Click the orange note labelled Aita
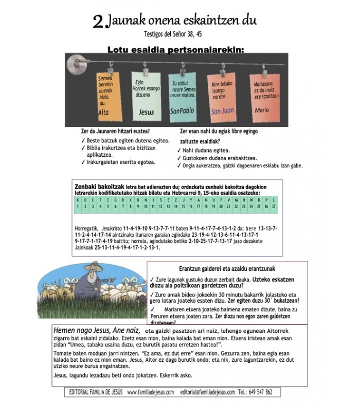click(108, 92)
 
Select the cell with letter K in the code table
click(77, 199)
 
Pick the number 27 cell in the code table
click(274, 206)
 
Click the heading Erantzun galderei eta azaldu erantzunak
click(227, 269)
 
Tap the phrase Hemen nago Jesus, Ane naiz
click(97, 331)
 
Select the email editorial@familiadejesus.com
click(208, 391)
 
